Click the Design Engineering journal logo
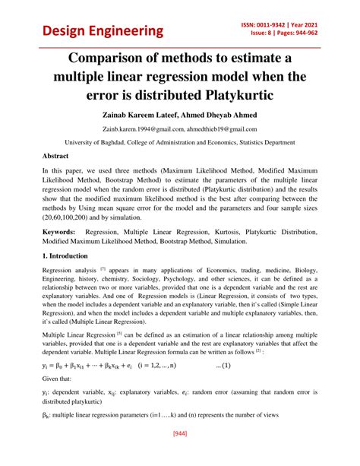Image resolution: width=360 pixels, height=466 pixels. (103, 30)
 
